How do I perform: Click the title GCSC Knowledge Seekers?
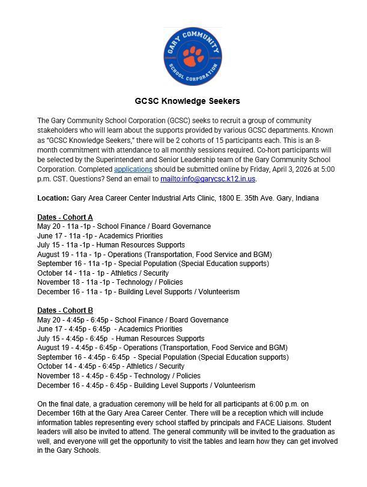(187, 101)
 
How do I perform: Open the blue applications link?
(133, 169)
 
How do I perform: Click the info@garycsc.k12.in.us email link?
(208, 179)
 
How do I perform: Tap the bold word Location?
(53, 198)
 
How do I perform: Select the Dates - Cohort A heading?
(65, 217)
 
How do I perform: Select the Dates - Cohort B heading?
(65, 310)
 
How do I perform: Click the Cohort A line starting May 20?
(124, 226)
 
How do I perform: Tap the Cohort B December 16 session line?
(146, 386)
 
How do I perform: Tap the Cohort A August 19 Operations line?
(154, 255)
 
